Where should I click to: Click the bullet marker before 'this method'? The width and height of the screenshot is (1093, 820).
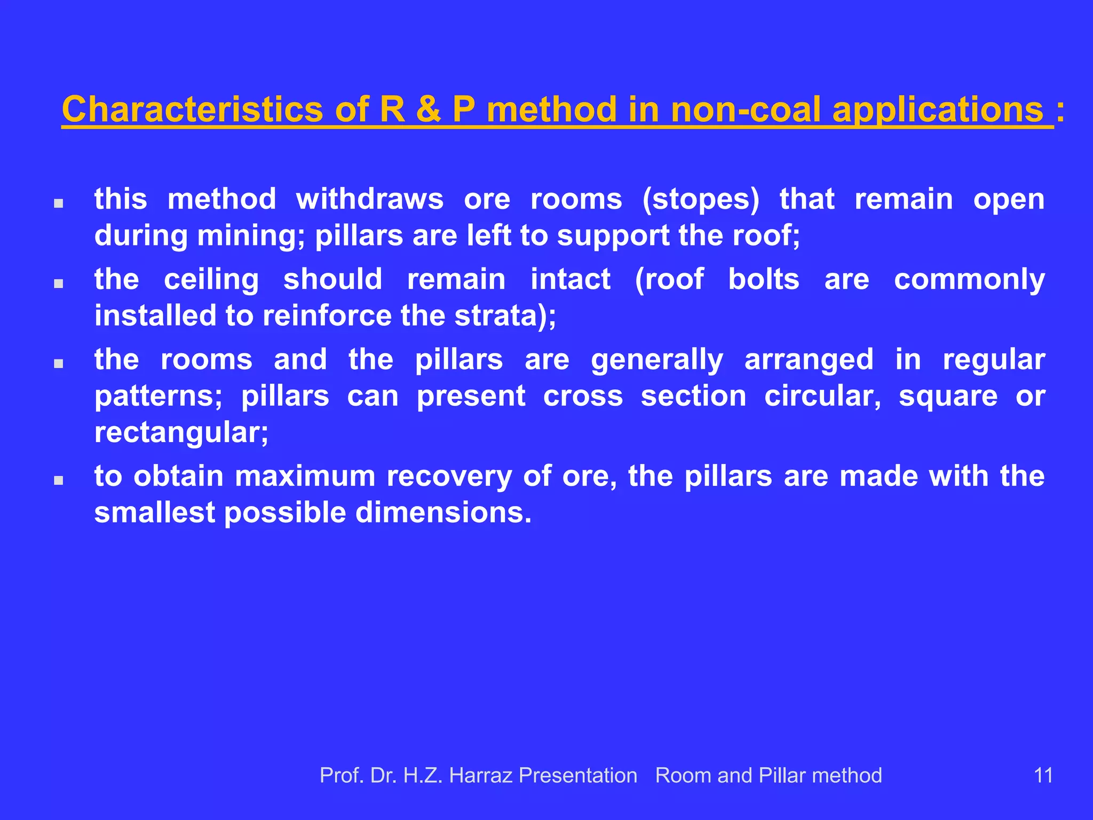click(x=59, y=203)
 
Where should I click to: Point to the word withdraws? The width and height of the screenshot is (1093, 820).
click(x=369, y=199)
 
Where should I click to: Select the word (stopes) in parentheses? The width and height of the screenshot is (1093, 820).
click(x=701, y=200)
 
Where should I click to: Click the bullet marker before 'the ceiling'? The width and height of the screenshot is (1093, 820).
click(x=59, y=283)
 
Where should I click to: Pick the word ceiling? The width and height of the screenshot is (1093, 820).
click(x=211, y=280)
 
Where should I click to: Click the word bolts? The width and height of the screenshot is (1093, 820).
click(x=764, y=279)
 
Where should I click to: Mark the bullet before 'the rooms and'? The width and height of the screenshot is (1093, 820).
click(x=59, y=364)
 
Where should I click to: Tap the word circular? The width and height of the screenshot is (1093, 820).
click(x=822, y=396)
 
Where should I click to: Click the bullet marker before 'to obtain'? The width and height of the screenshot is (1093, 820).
click(x=59, y=480)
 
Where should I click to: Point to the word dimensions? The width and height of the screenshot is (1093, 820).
click(x=443, y=512)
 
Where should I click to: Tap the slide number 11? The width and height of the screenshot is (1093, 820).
click(x=1043, y=775)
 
